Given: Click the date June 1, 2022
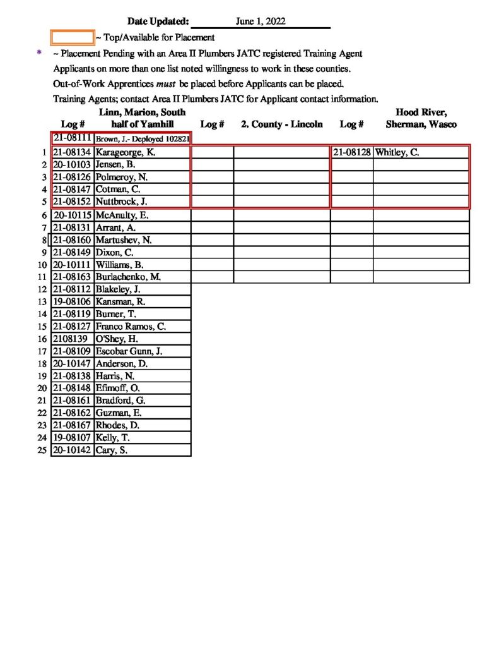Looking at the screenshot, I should (261, 21).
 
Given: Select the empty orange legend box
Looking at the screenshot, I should (72, 38).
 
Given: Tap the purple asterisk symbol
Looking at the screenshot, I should (40, 54).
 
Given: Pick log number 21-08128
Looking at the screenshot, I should (352, 152).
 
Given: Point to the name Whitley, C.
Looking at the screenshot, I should (397, 152).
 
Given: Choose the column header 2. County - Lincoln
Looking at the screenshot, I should (282, 124).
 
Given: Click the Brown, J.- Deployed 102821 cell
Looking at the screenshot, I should (143, 138).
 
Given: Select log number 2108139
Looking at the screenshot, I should (70, 339).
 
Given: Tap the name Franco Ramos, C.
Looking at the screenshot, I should (130, 327).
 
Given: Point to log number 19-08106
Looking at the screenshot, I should (73, 301).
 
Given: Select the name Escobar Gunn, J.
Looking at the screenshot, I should (129, 351).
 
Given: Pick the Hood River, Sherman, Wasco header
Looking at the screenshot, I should (421, 119).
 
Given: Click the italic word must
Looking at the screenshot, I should (165, 83).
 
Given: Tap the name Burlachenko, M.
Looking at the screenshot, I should (128, 277).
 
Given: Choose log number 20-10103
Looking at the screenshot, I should (73, 165).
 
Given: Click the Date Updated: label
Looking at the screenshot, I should (158, 21).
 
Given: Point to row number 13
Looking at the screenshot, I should (42, 301).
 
